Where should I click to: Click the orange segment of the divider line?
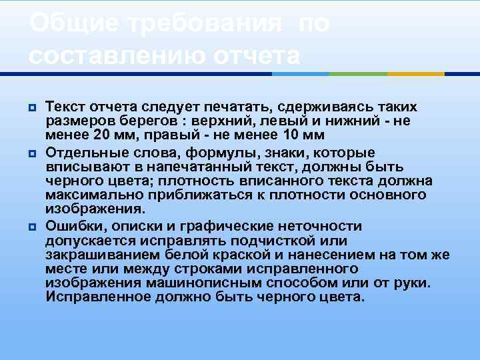(416, 74)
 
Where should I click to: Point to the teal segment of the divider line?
(358, 74)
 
